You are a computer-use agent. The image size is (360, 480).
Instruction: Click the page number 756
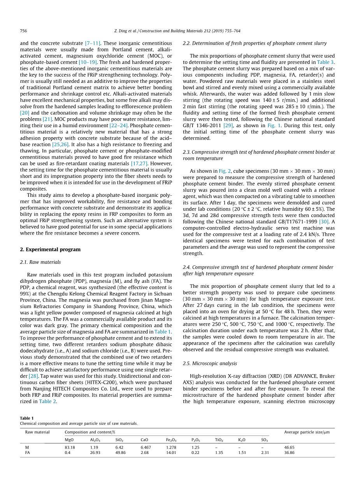point(23,31)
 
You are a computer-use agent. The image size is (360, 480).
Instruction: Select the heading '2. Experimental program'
point(50,249)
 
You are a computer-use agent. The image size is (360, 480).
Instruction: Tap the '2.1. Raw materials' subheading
point(40,262)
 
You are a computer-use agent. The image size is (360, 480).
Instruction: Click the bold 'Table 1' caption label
point(27,418)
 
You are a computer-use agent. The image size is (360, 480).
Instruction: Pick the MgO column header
point(69,440)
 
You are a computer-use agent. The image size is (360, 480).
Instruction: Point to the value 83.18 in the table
point(70,447)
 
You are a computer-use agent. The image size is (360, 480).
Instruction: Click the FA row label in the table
point(28,453)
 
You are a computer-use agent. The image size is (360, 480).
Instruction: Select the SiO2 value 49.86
point(120,453)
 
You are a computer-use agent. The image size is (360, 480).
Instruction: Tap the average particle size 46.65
point(290,447)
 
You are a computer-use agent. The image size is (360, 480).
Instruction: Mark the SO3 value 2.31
point(265,453)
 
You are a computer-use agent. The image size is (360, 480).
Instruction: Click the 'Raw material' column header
point(37,432)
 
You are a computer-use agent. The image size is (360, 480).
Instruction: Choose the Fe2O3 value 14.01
point(171,453)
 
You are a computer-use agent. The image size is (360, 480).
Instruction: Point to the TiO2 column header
point(219,440)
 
